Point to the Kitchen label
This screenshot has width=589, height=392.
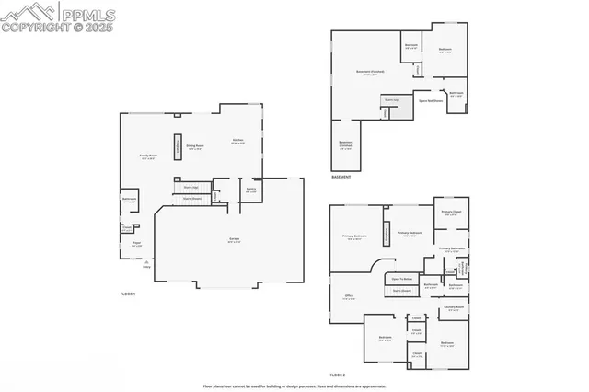click(238, 142)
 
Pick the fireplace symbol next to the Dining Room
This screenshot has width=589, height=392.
click(178, 145)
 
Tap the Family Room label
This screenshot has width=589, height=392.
click(144, 157)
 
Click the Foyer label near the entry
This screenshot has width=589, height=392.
click(135, 245)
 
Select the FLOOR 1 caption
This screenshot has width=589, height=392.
click(128, 293)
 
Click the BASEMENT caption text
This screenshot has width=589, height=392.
click(341, 176)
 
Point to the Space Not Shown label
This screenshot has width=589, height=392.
click(431, 101)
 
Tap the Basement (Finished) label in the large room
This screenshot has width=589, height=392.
click(370, 72)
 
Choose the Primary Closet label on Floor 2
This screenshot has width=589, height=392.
click(451, 214)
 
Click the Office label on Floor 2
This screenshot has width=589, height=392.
click(349, 296)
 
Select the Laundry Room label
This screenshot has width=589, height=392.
click(451, 308)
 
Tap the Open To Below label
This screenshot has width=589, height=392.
click(401, 278)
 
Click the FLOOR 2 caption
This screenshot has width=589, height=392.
click(338, 375)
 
